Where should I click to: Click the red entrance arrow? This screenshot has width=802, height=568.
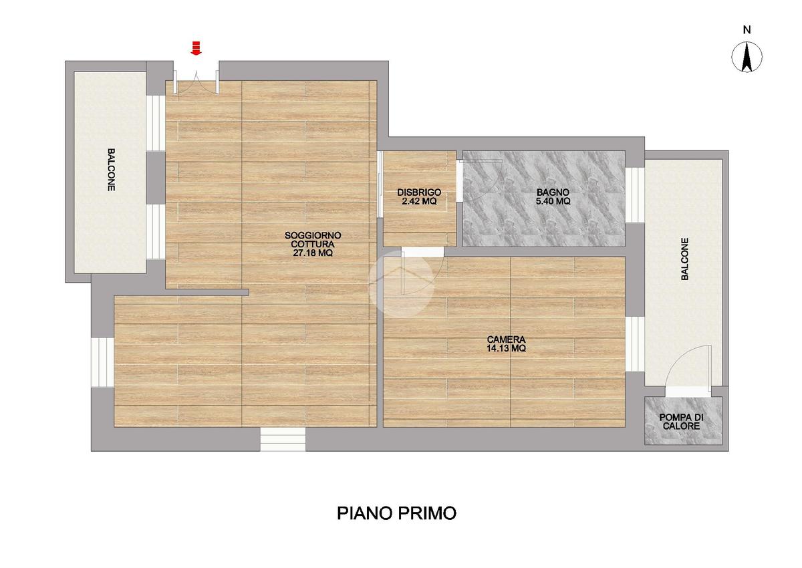pos(196,48)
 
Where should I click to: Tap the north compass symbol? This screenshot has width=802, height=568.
pos(747,57)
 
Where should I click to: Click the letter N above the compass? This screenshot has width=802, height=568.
pos(747,30)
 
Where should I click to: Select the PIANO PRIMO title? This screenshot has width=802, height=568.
pos(397,513)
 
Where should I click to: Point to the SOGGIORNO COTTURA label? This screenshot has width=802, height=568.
pos(313,240)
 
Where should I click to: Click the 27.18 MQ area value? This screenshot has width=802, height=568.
pos(313,253)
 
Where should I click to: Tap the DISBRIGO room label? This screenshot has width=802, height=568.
pos(419,192)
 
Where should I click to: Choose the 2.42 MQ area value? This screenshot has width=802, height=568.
pos(419,201)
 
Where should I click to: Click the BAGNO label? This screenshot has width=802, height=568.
pos(553,192)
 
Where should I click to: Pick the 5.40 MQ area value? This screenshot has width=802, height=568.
pos(553,201)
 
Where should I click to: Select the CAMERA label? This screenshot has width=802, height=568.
pos(507,339)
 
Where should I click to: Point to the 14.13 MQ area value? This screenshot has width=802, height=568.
pos(507,348)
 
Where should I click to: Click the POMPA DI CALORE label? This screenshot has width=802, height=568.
pos(681,422)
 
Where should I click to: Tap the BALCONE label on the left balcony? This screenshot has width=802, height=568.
pos(112,170)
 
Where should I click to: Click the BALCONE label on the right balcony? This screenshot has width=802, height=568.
pos(684,259)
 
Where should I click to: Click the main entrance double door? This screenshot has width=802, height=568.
pos(196,83)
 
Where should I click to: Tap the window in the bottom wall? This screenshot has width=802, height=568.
pos(283,439)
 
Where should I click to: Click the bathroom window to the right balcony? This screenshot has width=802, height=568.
pos(635,194)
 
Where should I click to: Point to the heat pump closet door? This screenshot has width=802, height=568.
pos(688,369)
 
